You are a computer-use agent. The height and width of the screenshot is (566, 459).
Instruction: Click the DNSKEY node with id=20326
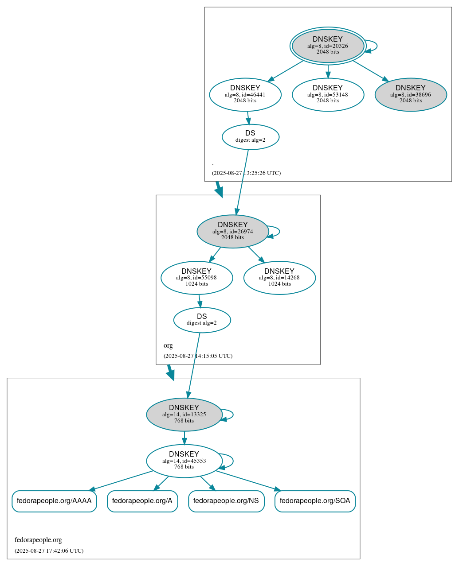click(x=328, y=46)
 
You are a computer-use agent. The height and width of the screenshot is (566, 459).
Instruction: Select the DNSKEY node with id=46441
click(x=245, y=94)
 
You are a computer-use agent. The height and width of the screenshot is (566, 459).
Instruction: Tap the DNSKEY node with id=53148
click(x=328, y=94)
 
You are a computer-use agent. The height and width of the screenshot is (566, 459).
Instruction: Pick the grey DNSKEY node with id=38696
click(x=411, y=94)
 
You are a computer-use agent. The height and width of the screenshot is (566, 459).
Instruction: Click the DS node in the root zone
click(x=251, y=137)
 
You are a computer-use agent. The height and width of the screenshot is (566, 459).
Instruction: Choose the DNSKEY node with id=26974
click(x=233, y=231)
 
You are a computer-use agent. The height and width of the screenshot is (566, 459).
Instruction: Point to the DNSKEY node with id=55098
click(x=196, y=278)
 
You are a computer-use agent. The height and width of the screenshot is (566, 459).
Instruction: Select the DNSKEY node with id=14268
click(x=279, y=278)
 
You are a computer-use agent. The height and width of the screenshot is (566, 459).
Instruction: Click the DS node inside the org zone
click(x=202, y=320)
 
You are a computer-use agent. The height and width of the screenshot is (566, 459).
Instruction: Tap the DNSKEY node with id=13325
click(x=184, y=415)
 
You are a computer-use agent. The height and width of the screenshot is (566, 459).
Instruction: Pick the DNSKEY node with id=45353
click(x=184, y=461)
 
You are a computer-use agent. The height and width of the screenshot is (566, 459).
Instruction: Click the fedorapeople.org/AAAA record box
click(x=54, y=501)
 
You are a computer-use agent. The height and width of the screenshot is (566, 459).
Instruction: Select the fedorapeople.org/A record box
click(x=142, y=501)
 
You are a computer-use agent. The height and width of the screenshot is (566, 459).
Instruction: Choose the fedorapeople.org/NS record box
click(x=226, y=501)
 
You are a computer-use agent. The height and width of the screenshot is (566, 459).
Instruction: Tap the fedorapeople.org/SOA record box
click(x=315, y=501)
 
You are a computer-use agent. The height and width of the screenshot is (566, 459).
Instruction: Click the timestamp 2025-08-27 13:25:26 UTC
click(x=246, y=173)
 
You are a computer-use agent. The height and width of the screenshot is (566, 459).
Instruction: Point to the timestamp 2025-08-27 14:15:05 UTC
click(x=198, y=356)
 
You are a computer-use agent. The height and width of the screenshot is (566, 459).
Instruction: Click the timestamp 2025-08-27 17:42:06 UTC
click(x=49, y=551)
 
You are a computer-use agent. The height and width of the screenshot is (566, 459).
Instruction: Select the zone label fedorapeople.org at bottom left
click(x=38, y=540)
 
